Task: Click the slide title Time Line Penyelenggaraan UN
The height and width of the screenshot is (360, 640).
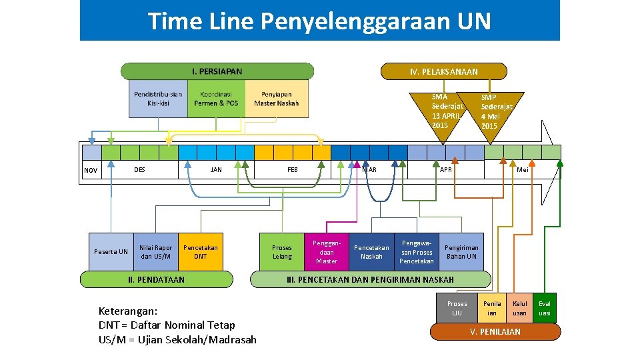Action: click(319, 21)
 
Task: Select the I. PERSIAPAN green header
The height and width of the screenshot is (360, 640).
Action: click(217, 71)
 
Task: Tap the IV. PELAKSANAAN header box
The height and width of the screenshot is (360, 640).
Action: click(443, 71)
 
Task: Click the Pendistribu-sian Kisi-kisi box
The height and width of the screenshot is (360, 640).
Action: click(158, 99)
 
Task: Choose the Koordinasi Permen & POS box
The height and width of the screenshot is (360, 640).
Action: click(216, 99)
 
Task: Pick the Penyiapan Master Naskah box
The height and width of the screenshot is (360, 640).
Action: click(277, 99)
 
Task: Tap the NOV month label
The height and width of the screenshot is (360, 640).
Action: click(91, 171)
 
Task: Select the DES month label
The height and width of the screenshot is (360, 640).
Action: click(139, 169)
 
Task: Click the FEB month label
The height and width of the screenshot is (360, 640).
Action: click(293, 169)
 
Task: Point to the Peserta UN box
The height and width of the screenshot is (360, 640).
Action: click(111, 252)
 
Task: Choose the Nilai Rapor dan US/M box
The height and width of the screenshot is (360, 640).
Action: click(155, 252)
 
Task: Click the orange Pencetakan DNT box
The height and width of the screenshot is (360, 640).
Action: click(200, 252)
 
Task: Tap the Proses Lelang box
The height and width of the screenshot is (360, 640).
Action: click(282, 252)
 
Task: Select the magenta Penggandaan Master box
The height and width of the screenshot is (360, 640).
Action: click(327, 252)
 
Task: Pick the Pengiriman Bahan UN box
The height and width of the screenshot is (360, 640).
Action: click(461, 252)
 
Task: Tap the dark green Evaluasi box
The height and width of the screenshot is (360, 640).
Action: click(545, 309)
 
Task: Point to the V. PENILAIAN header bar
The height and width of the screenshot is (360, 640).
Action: click(495, 331)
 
